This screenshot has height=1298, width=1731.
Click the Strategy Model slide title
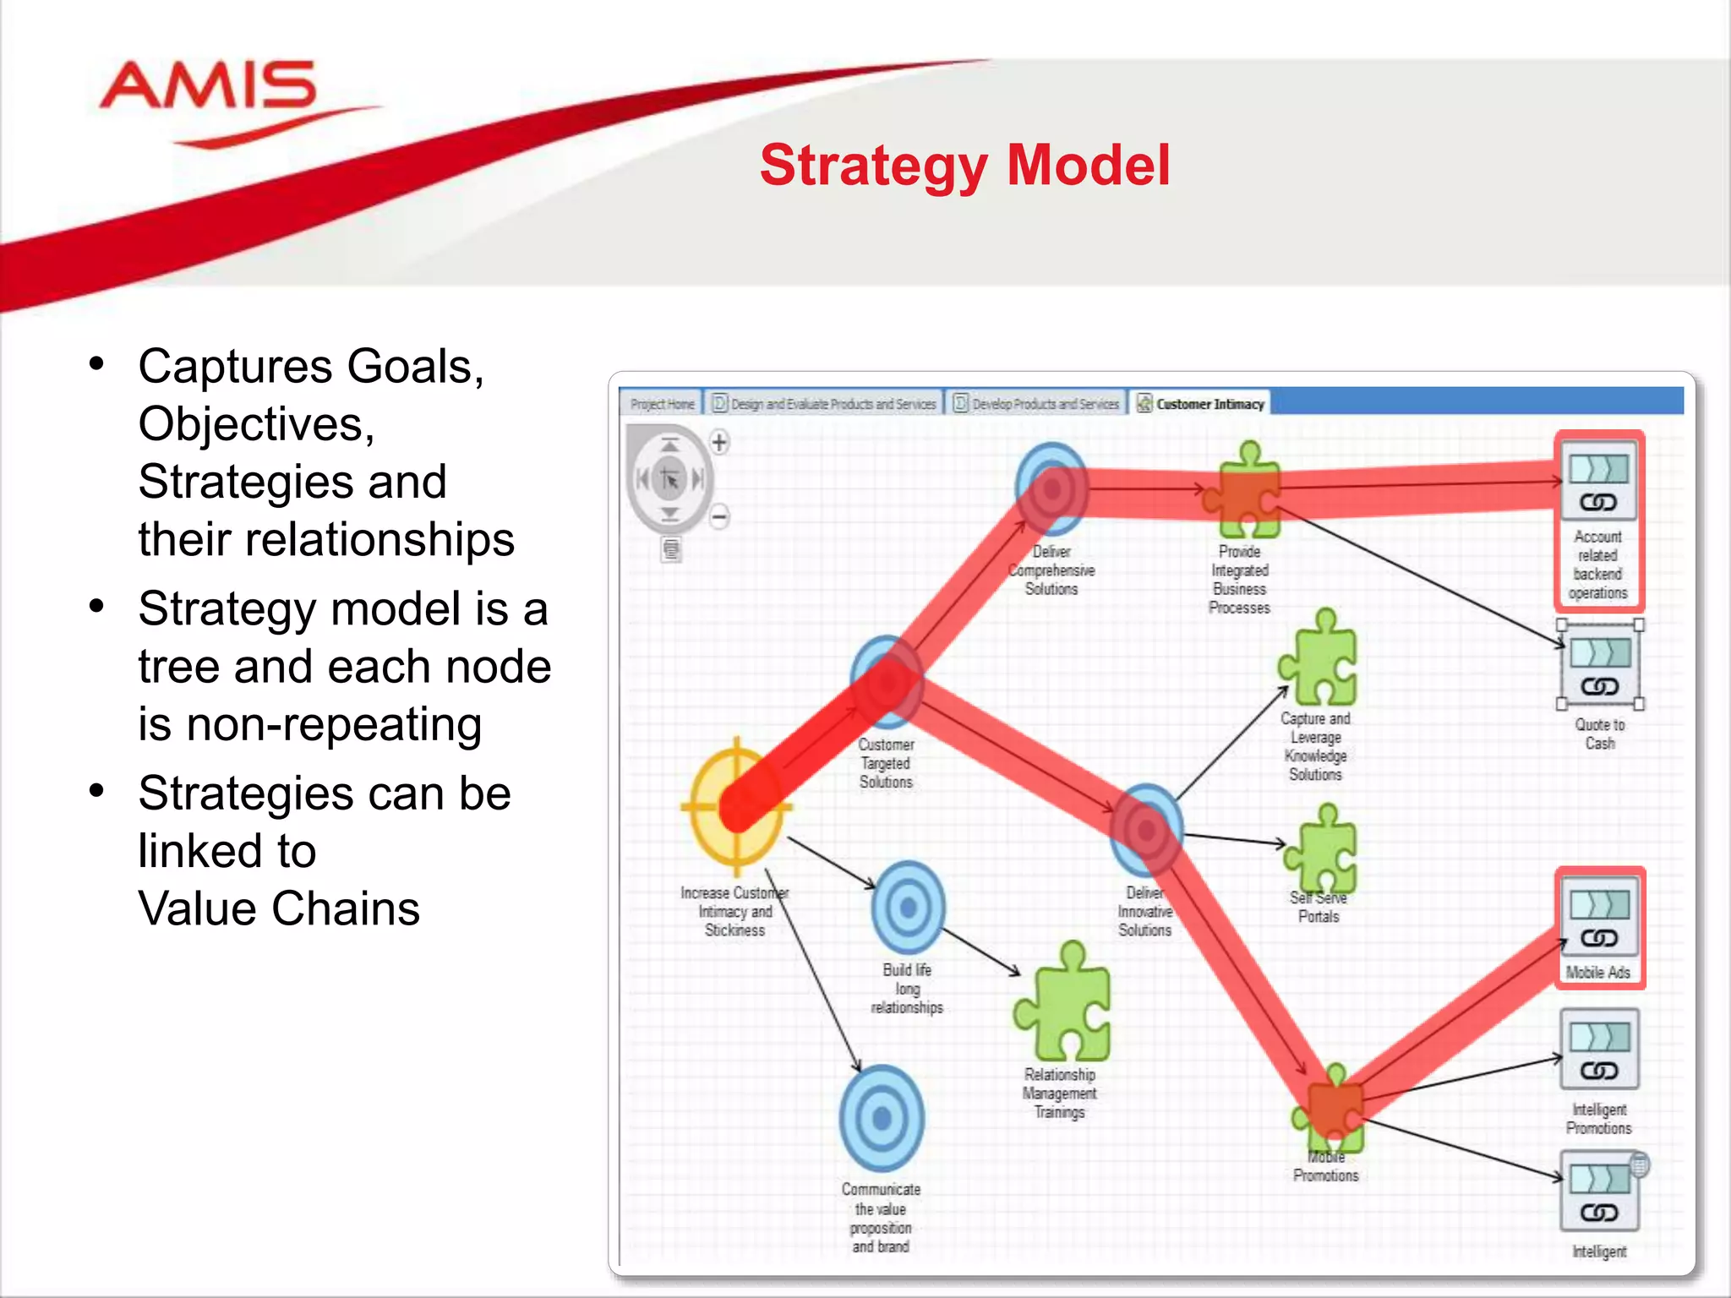coord(964,165)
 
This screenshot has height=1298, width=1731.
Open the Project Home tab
coord(662,404)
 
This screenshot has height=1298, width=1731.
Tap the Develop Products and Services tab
coord(1038,404)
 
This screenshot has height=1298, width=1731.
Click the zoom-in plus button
coord(719,442)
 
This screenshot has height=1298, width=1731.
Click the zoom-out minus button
coord(719,516)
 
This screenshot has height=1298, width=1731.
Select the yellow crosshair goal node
coord(736,807)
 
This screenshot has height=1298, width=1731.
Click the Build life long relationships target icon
coord(908,908)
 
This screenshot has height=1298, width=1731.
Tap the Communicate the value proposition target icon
coord(882,1118)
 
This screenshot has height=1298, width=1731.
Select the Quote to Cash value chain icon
coord(1600,666)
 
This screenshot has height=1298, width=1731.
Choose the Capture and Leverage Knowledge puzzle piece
coord(1319,659)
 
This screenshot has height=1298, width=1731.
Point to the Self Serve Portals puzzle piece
coord(1321,849)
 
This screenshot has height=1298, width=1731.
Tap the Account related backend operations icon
coord(1598,483)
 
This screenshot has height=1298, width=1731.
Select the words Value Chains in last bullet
coord(279,909)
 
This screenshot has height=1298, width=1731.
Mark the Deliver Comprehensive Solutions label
coord(1051,570)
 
